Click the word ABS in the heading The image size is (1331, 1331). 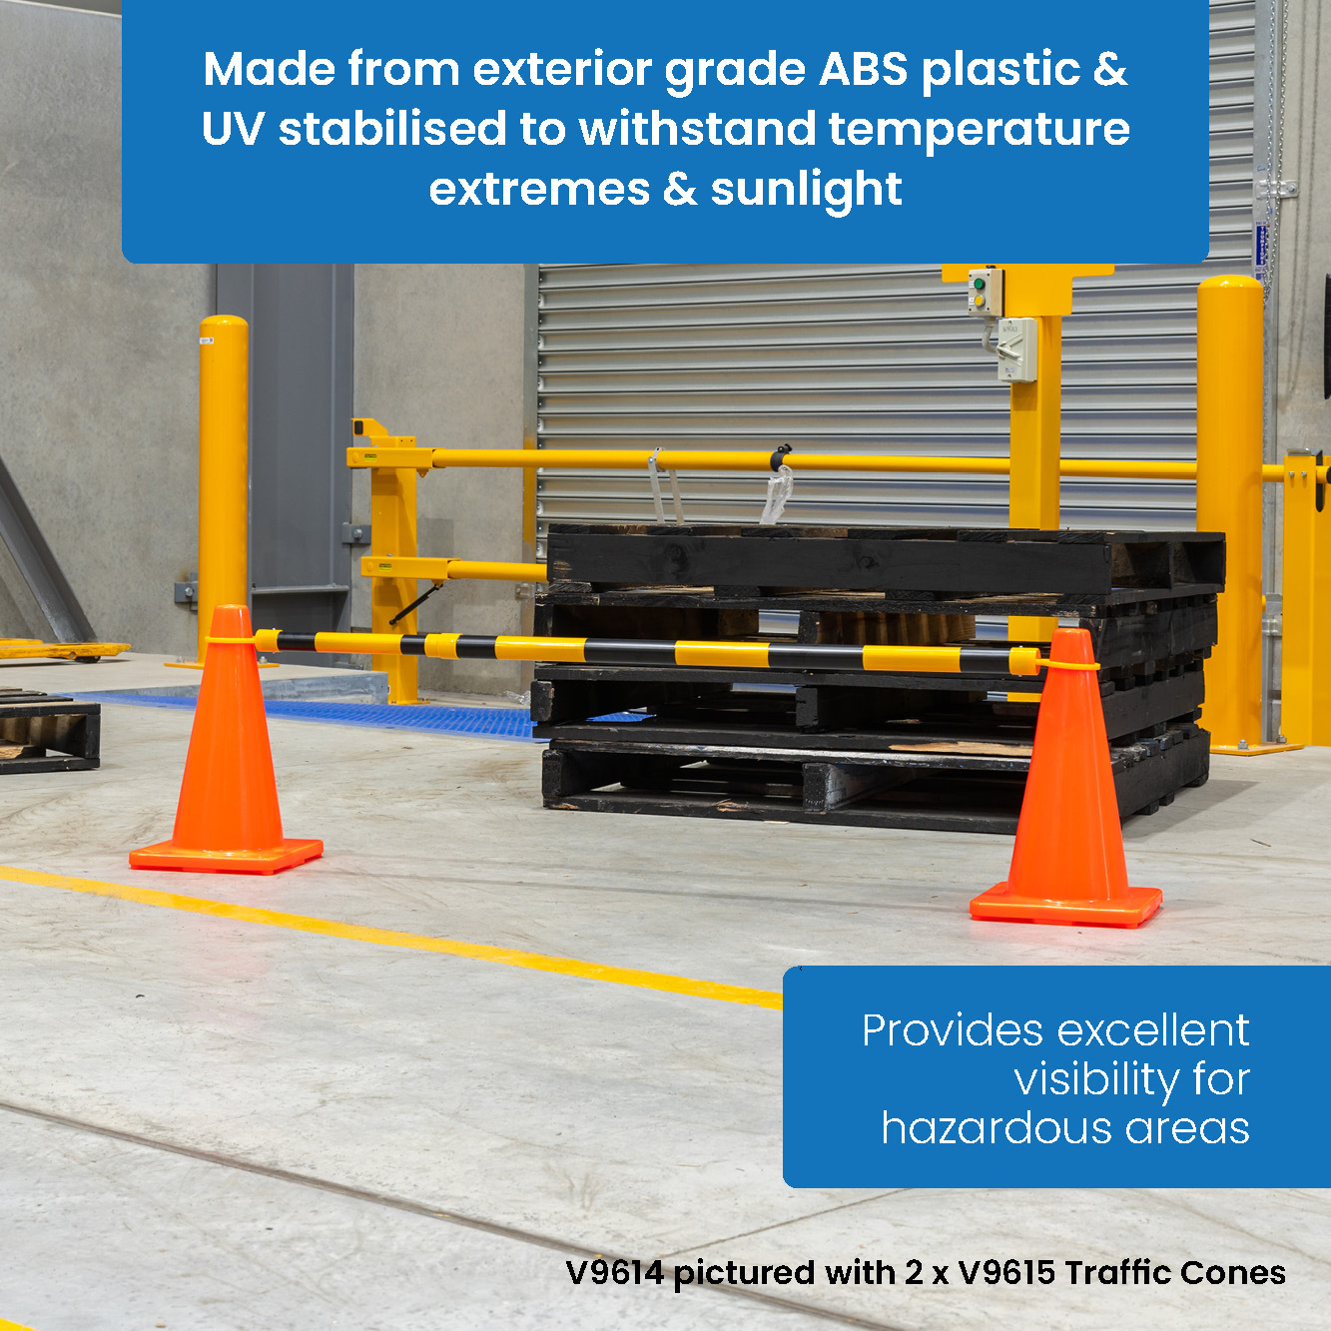[864, 70]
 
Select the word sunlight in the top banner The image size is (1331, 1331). [806, 190]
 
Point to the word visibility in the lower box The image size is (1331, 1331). [1096, 1079]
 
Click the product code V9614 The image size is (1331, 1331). [614, 1273]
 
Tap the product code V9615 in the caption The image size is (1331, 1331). [1005, 1273]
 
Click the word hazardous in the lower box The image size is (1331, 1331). [997, 1128]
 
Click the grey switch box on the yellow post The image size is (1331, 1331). [1016, 349]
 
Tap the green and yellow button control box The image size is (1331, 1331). [984, 291]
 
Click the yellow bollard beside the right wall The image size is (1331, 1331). [1231, 499]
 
